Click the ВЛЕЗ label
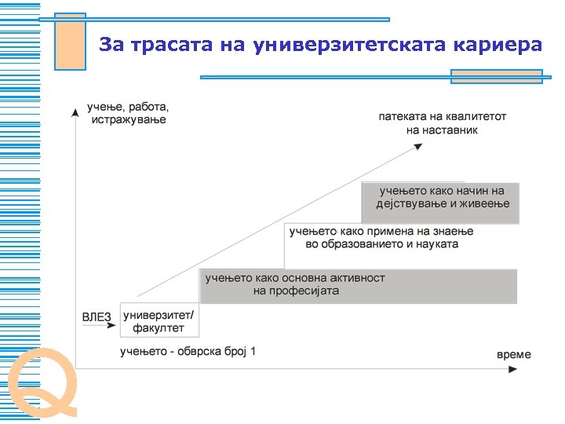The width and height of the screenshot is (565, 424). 97,316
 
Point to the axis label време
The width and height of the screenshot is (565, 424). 514,354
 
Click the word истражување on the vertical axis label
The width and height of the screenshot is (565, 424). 129,120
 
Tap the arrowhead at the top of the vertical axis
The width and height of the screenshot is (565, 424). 75,112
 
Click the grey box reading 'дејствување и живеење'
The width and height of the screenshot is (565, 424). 439,203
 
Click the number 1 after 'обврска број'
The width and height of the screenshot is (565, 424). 253,351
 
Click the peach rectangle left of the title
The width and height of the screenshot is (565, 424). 70,41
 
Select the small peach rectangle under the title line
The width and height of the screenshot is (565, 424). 496,76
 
